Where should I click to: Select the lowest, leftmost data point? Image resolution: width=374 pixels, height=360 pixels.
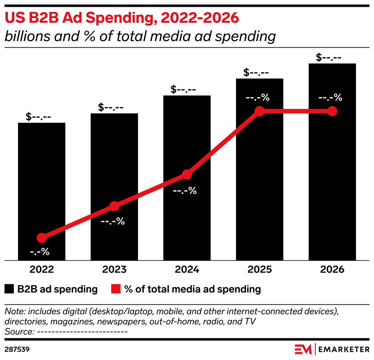click(x=42, y=238)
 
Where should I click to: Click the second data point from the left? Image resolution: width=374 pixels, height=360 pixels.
click(x=114, y=206)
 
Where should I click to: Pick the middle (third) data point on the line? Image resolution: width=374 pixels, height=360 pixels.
click(x=187, y=175)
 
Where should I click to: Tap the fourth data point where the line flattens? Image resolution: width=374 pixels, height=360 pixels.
click(x=259, y=111)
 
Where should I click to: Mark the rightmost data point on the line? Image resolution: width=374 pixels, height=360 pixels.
click(x=332, y=111)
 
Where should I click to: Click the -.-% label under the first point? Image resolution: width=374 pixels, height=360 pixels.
click(x=40, y=252)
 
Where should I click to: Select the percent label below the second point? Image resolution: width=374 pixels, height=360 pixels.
click(x=113, y=221)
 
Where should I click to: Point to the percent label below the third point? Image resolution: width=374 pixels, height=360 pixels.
click(x=185, y=190)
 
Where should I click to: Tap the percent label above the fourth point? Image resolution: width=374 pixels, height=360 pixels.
click(x=258, y=97)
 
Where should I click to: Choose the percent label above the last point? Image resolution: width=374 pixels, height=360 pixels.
click(x=330, y=97)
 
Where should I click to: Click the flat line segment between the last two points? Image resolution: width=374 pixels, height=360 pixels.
click(x=296, y=111)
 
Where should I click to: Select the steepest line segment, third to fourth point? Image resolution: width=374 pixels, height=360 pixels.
click(x=223, y=143)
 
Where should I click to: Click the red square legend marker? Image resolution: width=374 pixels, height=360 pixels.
click(x=116, y=289)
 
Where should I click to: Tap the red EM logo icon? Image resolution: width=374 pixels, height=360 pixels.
click(x=303, y=349)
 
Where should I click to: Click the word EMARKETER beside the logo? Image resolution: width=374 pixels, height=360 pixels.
click(x=344, y=349)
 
